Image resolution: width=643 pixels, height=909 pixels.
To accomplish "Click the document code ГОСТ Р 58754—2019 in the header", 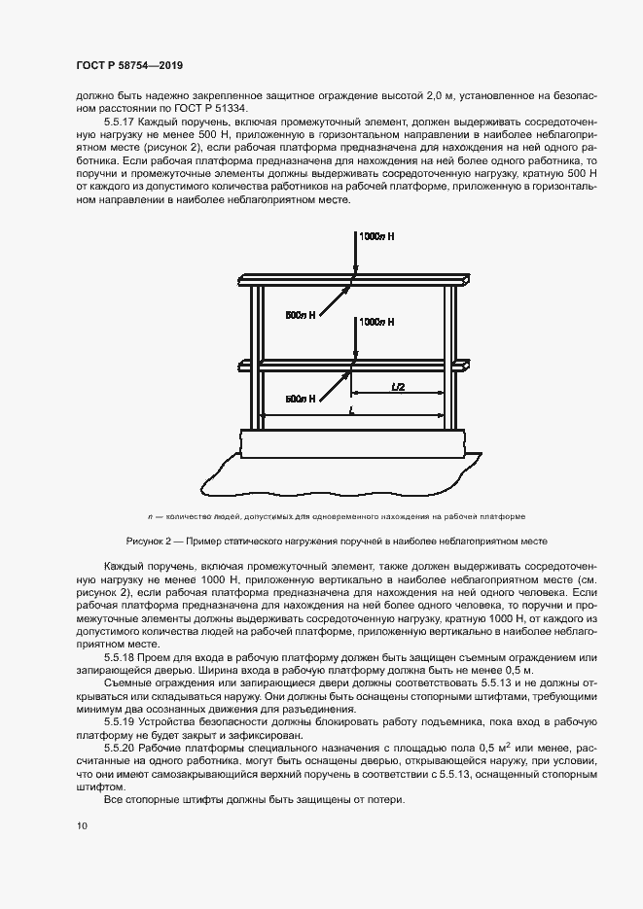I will click(128, 65).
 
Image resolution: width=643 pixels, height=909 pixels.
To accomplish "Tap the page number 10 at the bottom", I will click(81, 825).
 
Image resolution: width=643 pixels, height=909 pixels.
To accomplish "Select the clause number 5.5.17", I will click(120, 124).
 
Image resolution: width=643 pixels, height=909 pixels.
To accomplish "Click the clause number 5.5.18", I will click(120, 657).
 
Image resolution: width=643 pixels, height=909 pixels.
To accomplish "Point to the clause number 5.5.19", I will click(120, 723).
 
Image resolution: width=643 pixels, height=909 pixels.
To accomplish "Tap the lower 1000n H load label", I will click(377, 321).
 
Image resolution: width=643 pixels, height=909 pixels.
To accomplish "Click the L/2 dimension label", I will click(398, 386).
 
